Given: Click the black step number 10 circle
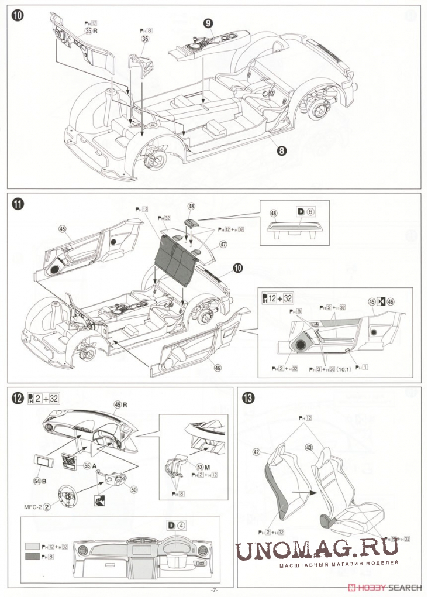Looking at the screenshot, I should pos(18,16).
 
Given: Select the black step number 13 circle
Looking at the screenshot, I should pos(248,398).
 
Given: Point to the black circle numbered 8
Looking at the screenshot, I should pos(282,150).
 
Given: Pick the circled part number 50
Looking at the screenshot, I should pos(134,489).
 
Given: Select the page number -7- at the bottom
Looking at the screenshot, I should pos(214,590).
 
